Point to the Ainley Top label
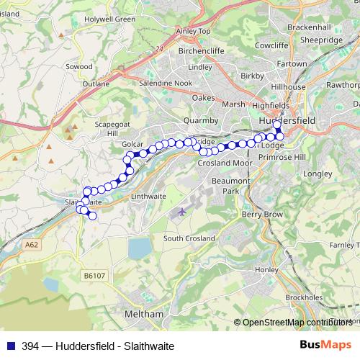(x=194, y=32)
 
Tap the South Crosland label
(x=189, y=238)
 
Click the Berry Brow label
(x=261, y=215)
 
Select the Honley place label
(x=266, y=269)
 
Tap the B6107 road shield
(x=93, y=275)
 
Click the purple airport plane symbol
(x=181, y=212)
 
